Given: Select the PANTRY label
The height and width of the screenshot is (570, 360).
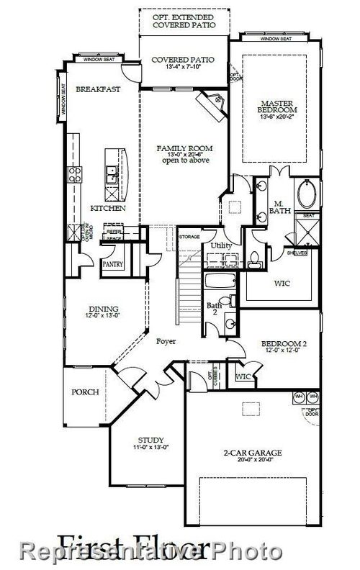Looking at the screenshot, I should [x=113, y=265].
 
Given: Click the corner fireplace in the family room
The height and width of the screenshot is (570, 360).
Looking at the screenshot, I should [x=214, y=108].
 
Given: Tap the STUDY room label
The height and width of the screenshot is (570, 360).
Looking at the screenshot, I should [x=150, y=440].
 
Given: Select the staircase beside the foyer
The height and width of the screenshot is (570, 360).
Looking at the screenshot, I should [x=188, y=288].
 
